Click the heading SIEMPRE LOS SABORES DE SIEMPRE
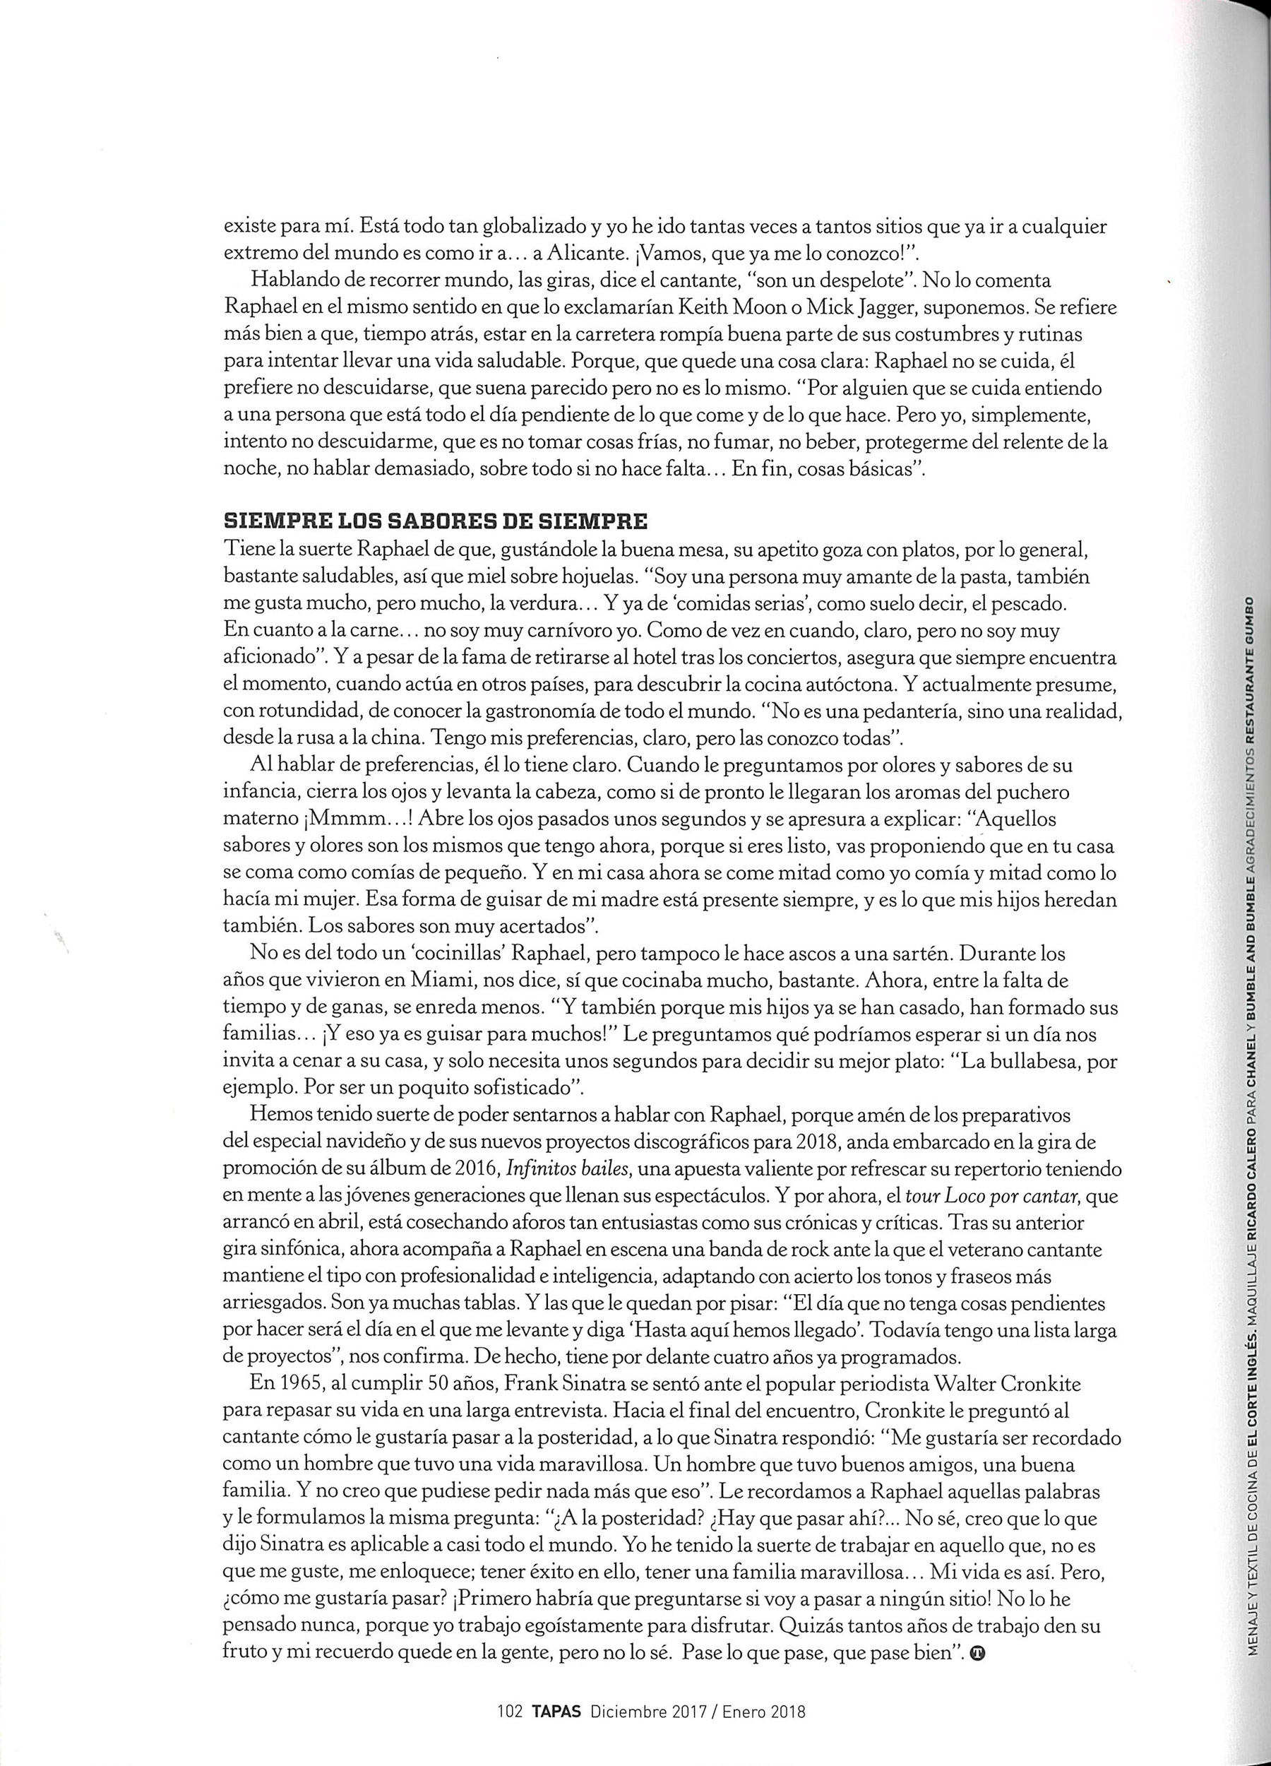[435, 519]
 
